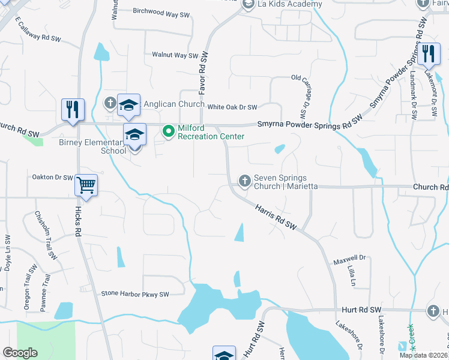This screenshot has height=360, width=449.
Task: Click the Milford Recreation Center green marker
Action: [x=169, y=130]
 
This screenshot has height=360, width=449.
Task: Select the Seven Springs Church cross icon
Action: [x=244, y=180]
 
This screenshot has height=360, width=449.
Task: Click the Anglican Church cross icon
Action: [x=110, y=103]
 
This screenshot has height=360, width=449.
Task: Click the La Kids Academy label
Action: [x=291, y=4]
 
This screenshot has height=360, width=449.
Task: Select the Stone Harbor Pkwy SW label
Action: [x=135, y=294]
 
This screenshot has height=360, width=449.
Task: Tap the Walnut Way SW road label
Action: [x=175, y=55]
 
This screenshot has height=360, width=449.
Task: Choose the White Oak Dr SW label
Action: [x=232, y=107]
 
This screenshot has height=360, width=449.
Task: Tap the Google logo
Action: [x=20, y=353]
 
